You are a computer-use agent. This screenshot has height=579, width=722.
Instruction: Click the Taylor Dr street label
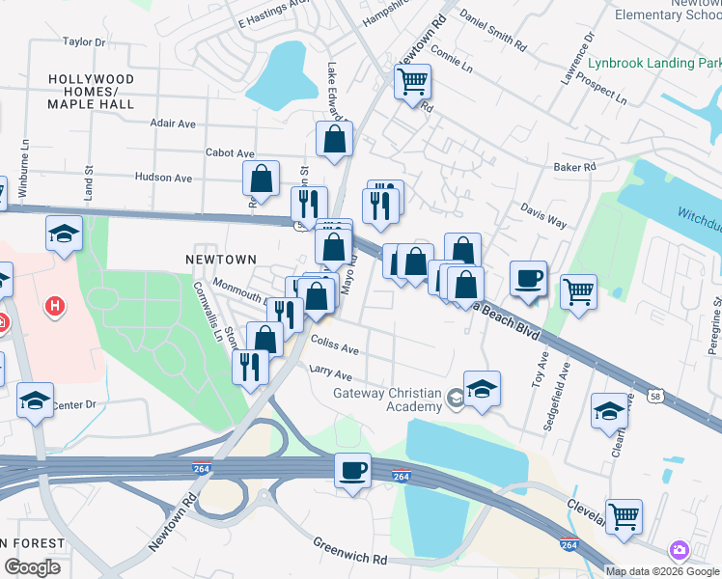[x=84, y=42]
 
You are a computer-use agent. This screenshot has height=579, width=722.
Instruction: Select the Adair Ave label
[x=173, y=124]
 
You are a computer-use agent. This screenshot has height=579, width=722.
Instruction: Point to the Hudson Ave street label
[x=163, y=178]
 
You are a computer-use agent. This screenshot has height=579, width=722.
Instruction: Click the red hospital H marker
[x=56, y=307]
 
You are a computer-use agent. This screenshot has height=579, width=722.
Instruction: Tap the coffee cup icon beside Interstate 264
[x=352, y=470]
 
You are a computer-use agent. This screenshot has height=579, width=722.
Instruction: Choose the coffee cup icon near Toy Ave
[x=528, y=279]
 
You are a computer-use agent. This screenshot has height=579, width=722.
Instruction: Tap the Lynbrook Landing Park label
[x=654, y=64]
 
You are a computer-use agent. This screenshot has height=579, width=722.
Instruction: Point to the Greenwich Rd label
[x=349, y=552]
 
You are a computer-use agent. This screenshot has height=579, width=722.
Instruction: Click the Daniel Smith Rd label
[x=493, y=33]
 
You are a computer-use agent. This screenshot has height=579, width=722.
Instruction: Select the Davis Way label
[x=543, y=214]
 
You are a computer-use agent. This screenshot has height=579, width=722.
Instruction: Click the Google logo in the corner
[x=32, y=566]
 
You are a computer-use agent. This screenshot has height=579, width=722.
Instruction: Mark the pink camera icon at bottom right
[x=680, y=550]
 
